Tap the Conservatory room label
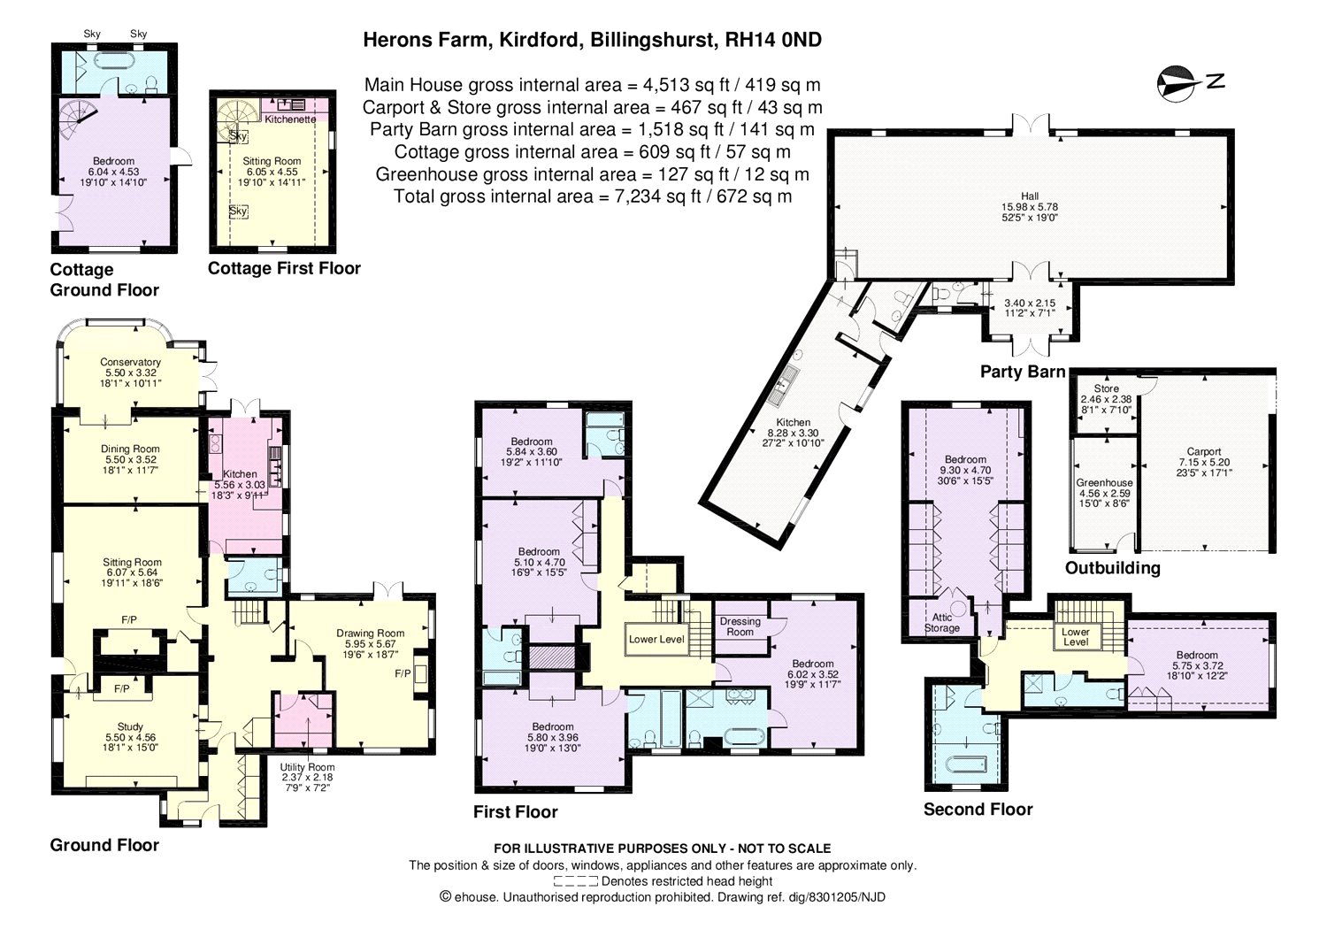[130, 362]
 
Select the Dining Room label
[130, 449]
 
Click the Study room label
[130, 727]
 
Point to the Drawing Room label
[370, 633]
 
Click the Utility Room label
[307, 767]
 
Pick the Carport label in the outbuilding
[1204, 451]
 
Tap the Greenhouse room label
[1104, 483]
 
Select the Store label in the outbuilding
[1106, 388]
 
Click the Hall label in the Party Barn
[1029, 196]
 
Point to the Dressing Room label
[740, 626]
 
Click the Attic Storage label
[941, 623]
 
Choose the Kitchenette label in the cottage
[290, 119]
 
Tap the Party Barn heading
[1022, 372]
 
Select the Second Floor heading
[978, 809]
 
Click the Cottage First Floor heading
[284, 268]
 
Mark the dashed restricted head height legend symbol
[575, 881]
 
